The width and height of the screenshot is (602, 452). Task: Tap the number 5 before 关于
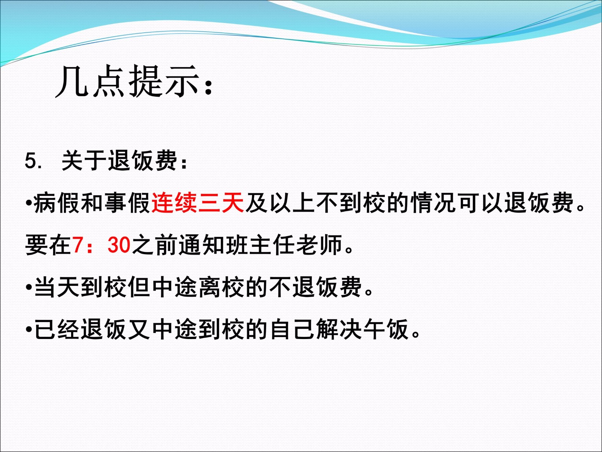[x=30, y=161]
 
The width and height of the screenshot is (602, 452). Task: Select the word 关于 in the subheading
[x=84, y=161]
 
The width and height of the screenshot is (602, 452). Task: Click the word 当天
[x=57, y=287]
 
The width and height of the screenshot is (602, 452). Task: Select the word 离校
[x=221, y=287]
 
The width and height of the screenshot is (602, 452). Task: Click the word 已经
[x=57, y=329]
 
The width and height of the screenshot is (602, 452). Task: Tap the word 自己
[x=292, y=329]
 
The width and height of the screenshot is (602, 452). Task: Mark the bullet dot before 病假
[x=28, y=203]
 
